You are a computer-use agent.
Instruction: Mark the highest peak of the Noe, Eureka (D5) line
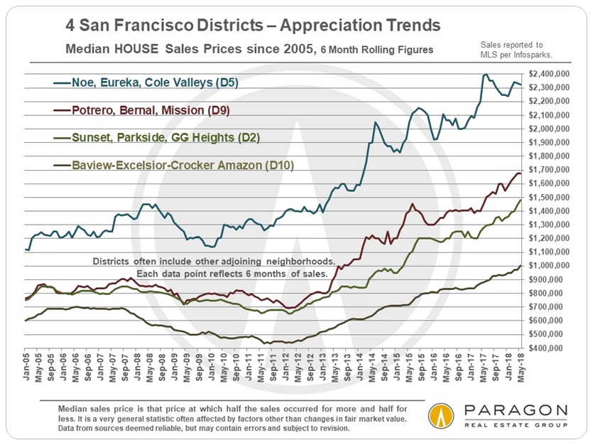coord(485,74)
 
